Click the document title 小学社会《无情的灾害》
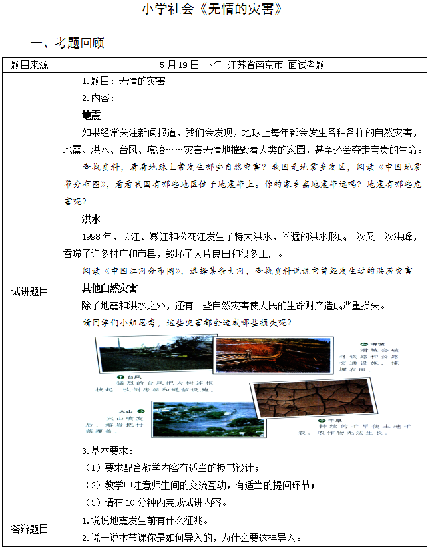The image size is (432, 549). [x=216, y=9]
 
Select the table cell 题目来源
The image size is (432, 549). [x=30, y=65]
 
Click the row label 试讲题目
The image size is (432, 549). [x=30, y=291]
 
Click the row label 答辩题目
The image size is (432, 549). [x=30, y=530]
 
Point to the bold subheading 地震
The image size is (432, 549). [x=91, y=114]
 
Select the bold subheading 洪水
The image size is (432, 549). [x=91, y=219]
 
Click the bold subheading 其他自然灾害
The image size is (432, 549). [x=109, y=288]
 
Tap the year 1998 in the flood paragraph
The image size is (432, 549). [x=92, y=236]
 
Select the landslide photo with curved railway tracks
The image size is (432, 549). [x=286, y=353]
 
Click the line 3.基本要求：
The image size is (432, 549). [x=107, y=451]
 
